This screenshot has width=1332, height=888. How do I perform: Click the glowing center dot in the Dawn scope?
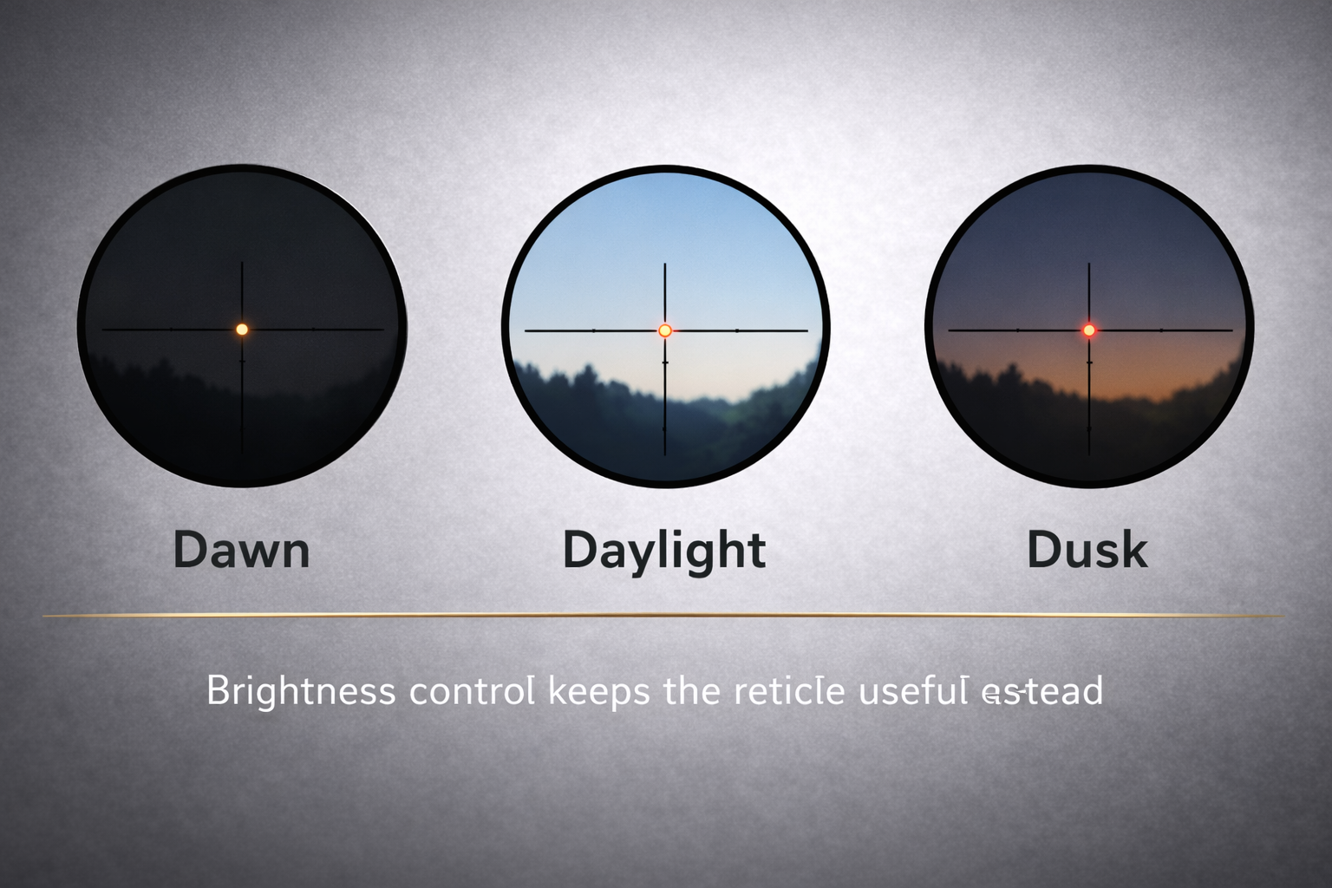click(x=242, y=330)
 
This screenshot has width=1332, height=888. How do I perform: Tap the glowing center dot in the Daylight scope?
click(x=665, y=330)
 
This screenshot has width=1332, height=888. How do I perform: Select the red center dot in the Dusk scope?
click(x=1088, y=330)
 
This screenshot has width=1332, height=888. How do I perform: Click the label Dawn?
click(x=241, y=550)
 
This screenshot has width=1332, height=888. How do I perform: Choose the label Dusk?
click(x=1087, y=550)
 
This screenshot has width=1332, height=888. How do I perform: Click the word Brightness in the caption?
click(x=301, y=692)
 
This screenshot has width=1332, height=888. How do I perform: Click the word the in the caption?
click(x=690, y=692)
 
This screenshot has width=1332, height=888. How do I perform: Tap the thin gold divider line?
click(x=664, y=615)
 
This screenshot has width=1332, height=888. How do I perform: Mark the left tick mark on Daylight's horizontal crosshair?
click(x=593, y=330)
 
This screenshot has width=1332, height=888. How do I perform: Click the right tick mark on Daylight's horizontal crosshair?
click(x=737, y=330)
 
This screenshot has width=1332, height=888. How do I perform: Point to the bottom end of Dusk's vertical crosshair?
click(x=1088, y=453)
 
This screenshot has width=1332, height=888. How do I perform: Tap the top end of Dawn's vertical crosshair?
click(x=242, y=264)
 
